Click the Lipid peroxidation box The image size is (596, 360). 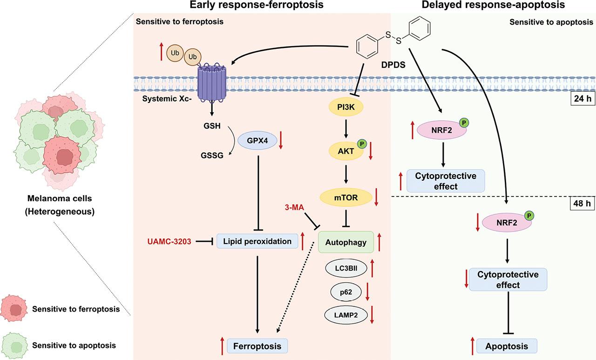click(257, 241)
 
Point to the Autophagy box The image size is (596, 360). click(346, 242)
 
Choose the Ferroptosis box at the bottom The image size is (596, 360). click(257, 346)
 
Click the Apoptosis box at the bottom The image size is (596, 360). click(507, 346)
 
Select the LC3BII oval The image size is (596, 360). click(346, 269)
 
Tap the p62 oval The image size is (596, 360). click(346, 292)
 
